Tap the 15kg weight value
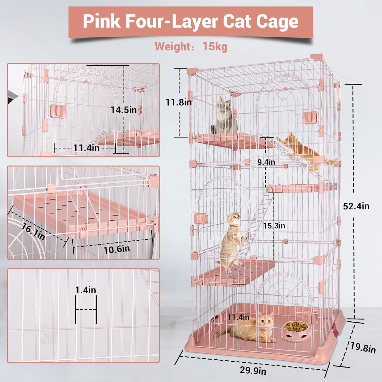click(x=215, y=47)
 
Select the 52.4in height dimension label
click(x=356, y=206)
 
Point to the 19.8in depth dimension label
click(x=363, y=347)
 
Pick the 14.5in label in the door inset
click(x=124, y=110)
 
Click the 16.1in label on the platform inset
click(x=33, y=231)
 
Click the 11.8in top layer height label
click(x=179, y=102)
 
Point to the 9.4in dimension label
click(x=266, y=162)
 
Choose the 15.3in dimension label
click(x=274, y=226)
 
